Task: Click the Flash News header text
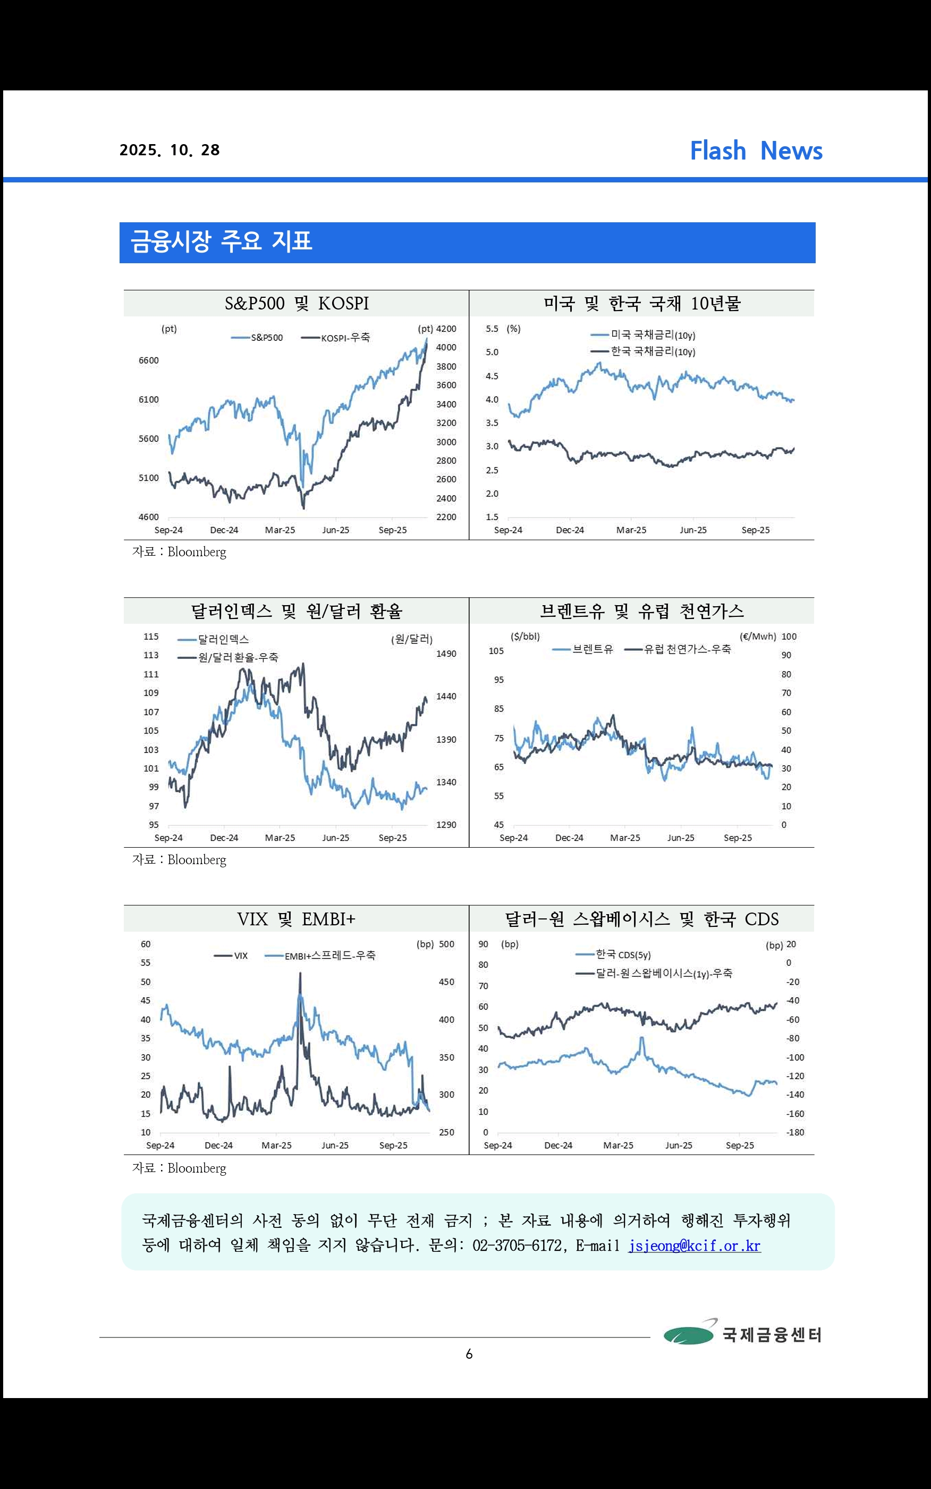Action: (756, 150)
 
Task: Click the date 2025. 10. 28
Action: (170, 150)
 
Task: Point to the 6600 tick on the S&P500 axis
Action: (148, 361)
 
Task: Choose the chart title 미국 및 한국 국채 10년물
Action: (641, 303)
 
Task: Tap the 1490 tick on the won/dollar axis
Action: (446, 654)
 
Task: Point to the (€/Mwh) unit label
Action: (757, 637)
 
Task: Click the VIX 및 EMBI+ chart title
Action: (296, 919)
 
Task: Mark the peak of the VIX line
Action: (300, 973)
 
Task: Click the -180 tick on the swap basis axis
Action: (795, 1132)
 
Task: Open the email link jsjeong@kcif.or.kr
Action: (694, 1245)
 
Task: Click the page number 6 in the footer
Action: (469, 1353)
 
